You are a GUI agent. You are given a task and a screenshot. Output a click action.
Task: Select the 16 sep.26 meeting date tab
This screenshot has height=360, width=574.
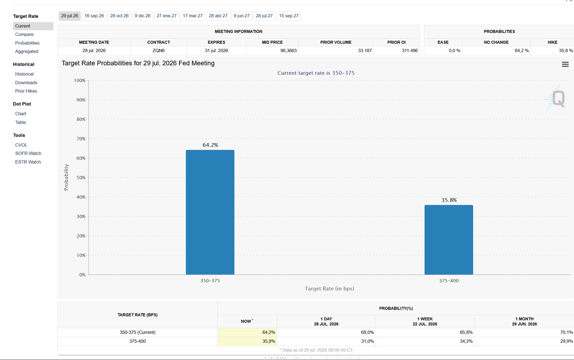coord(94,16)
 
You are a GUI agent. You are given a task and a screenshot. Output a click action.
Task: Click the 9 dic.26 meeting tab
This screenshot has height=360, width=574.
coord(143,16)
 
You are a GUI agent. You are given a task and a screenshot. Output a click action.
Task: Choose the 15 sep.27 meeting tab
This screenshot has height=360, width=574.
coord(288,16)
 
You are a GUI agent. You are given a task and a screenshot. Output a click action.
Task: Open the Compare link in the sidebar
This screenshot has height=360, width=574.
coord(24,34)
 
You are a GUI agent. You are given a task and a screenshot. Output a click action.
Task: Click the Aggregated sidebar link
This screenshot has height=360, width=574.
coord(27,51)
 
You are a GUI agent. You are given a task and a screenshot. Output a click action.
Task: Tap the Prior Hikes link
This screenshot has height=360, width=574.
coord(26,91)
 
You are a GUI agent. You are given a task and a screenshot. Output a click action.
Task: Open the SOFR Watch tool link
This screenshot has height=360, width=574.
coord(28,153)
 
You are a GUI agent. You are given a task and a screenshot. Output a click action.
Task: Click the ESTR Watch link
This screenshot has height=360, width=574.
coord(28,162)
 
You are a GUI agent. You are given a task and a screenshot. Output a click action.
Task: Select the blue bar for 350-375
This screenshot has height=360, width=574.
coord(210,212)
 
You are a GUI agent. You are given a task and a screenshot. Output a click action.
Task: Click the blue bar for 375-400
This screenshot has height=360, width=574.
coord(449,240)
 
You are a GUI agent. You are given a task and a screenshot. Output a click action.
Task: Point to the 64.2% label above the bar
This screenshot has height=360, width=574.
coord(210,145)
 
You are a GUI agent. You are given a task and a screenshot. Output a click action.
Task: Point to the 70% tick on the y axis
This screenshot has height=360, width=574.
coord(81,139)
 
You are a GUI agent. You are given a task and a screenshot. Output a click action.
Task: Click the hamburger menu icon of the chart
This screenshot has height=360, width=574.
coord(565,64)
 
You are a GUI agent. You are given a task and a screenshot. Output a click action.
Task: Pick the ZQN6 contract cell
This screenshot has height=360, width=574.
coord(159,51)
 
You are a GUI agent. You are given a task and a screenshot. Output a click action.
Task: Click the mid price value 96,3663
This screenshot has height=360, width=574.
coord(288,51)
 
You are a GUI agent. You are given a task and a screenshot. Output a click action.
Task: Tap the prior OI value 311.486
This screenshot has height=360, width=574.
coord(410,51)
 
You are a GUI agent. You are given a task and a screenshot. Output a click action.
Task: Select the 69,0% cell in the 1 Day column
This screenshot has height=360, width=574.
coord(367,332)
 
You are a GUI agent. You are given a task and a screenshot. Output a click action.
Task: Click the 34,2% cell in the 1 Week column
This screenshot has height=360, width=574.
coord(466,341)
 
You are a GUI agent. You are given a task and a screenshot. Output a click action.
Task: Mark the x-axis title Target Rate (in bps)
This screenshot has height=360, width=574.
coord(329,289)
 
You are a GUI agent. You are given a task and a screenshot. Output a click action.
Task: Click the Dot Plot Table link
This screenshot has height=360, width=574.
coord(21,122)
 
